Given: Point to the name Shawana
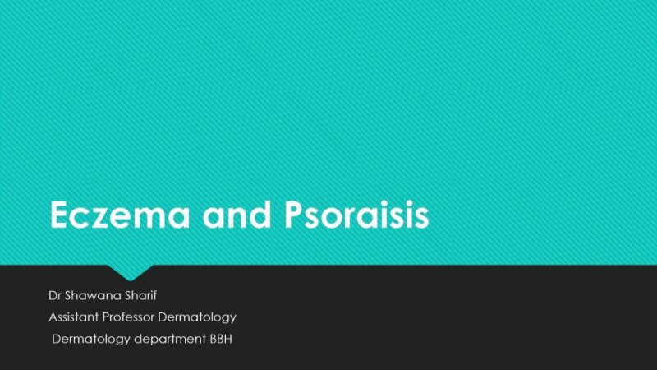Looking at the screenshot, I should (x=94, y=294).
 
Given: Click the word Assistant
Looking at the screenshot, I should (x=74, y=317).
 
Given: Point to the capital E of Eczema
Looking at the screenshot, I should (x=60, y=215).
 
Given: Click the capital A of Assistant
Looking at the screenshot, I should (x=53, y=317).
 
